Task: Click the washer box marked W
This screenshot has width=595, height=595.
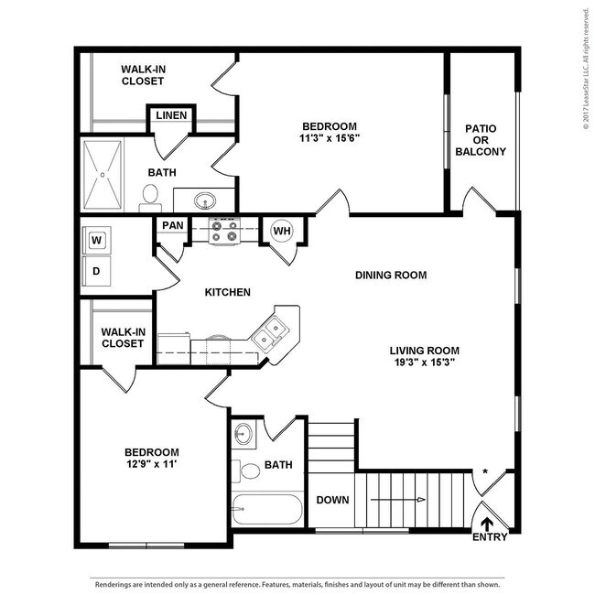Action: (x=96, y=240)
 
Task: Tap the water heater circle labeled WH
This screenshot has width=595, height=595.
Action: (x=281, y=231)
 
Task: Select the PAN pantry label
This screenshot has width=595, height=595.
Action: (x=172, y=225)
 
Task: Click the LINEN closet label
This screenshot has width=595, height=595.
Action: (x=171, y=115)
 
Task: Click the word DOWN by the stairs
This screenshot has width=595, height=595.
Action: (x=331, y=500)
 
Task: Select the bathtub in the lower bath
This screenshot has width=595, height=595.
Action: (x=266, y=508)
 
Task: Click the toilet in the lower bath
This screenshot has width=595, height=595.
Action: (x=249, y=472)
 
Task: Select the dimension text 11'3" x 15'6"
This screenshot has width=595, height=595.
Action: (x=330, y=139)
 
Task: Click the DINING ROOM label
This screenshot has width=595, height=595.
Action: (x=391, y=275)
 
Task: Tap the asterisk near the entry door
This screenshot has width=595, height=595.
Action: (x=485, y=471)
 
